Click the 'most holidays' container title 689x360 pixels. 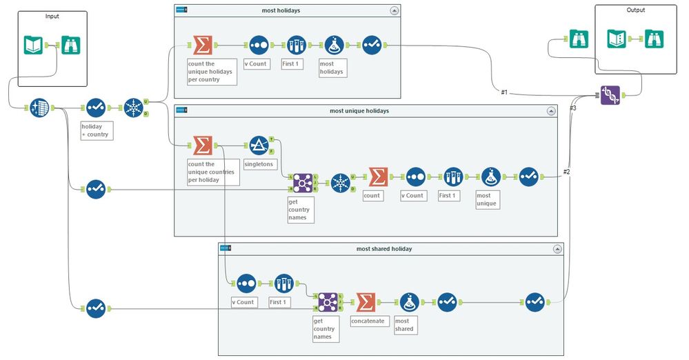point(281,10)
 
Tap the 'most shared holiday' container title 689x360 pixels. point(384,248)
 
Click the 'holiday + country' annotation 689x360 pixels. point(95,130)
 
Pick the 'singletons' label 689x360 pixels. point(259,164)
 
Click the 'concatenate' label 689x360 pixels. point(366,321)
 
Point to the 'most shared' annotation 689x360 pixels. point(404,325)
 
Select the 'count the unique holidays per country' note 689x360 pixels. point(211,72)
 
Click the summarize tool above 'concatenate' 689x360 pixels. point(366,302)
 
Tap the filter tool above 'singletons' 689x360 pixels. point(259,145)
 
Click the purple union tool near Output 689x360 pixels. point(610,96)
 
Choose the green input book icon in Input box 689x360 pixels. point(33,45)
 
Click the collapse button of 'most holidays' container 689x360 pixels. point(394,10)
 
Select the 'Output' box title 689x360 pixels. point(636,10)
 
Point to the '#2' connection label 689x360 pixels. point(567,172)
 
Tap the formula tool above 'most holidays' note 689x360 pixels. point(334,45)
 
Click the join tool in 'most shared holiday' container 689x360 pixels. point(326,302)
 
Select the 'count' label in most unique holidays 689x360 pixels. point(372,196)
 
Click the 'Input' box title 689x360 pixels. point(52,16)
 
